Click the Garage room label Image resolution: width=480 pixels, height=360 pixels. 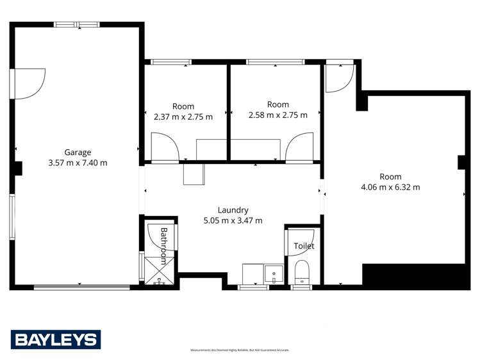pyautogui.click(x=78, y=152)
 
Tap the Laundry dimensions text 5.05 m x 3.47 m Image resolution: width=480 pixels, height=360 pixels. pyautogui.click(x=232, y=220)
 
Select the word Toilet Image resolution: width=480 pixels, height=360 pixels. pyautogui.click(x=304, y=246)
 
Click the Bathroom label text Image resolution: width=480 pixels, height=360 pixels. pyautogui.click(x=163, y=245)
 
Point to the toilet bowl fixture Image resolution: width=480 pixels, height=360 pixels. pyautogui.click(x=301, y=273)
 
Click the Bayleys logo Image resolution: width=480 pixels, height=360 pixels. pyautogui.click(x=56, y=340)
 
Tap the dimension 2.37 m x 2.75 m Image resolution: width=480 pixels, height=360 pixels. pyautogui.click(x=183, y=117)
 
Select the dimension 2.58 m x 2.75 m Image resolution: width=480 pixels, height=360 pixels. pyautogui.click(x=278, y=115)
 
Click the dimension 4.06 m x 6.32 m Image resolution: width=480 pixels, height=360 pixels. pyautogui.click(x=390, y=187)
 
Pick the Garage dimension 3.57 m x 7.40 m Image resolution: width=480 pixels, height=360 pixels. pyautogui.click(x=78, y=163)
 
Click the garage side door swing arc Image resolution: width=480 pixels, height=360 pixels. pyautogui.click(x=30, y=84)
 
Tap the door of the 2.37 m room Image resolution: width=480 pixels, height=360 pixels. pyautogui.click(x=165, y=147)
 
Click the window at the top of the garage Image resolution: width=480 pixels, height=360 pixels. pyautogui.click(x=76, y=25)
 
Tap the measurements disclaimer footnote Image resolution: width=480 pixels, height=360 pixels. pyautogui.click(x=240, y=350)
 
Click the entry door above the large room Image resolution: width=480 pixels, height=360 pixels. pyautogui.click(x=338, y=78)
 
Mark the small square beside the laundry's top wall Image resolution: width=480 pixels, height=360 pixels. pyautogui.click(x=193, y=174)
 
